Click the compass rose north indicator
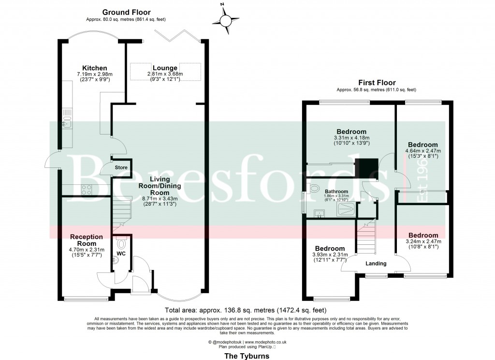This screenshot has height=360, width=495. (x=226, y=19)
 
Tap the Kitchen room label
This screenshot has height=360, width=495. (x=94, y=68)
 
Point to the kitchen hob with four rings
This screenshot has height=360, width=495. (x=87, y=190)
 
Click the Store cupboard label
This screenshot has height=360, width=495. (x=121, y=168)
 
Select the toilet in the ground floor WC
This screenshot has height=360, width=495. (x=121, y=243)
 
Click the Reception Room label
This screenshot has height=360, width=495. (x=87, y=240)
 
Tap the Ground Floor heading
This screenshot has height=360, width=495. (x=126, y=13)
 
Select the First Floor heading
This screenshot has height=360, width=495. (x=376, y=83)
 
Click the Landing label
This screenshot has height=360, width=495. (x=376, y=264)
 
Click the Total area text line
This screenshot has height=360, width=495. (x=246, y=310)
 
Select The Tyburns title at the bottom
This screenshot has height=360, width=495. (x=247, y=355)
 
